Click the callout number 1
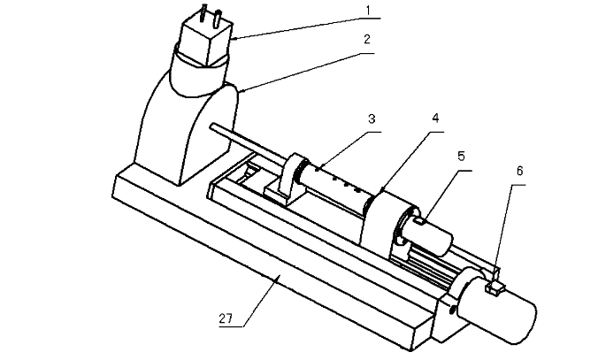368,11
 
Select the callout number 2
366,39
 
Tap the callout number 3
372,119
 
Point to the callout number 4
435,119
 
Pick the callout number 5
462,156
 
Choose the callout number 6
520,171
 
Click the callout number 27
226,318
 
